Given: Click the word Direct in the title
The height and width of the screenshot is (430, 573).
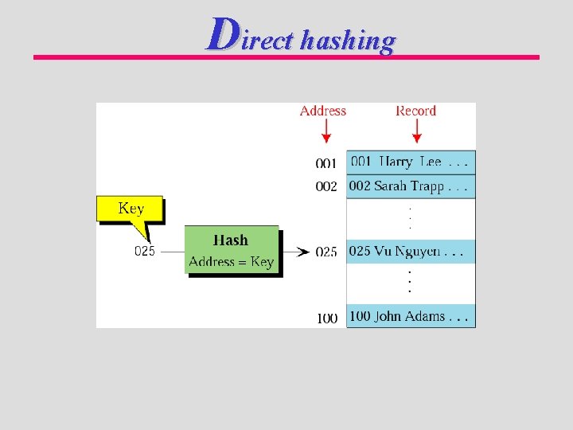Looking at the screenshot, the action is coord(249,36).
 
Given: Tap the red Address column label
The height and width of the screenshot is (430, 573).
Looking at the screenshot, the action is coord(323,111).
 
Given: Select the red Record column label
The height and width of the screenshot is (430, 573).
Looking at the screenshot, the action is coord(415,111).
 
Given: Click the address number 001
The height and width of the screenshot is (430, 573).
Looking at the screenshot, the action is coord(326,163).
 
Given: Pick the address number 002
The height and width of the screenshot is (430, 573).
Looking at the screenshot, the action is coord(326,186).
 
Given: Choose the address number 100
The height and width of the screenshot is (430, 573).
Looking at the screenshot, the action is coord(327,318).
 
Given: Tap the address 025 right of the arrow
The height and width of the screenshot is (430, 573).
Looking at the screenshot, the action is coord(326,252).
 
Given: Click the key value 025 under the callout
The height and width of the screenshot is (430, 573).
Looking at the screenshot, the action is coord(145,251).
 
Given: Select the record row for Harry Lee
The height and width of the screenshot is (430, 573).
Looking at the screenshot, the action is coord(411,162).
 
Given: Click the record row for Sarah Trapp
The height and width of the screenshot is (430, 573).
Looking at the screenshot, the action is coord(411,186).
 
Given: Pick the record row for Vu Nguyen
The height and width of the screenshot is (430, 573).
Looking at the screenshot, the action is coord(411,252).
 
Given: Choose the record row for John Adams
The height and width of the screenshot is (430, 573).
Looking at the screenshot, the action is coord(411,316).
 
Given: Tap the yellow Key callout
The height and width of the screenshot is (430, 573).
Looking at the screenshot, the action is coord(131,209).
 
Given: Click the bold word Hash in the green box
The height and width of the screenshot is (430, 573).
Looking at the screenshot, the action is coord(231,240).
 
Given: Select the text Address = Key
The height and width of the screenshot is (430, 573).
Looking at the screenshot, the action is coord(231,261).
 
